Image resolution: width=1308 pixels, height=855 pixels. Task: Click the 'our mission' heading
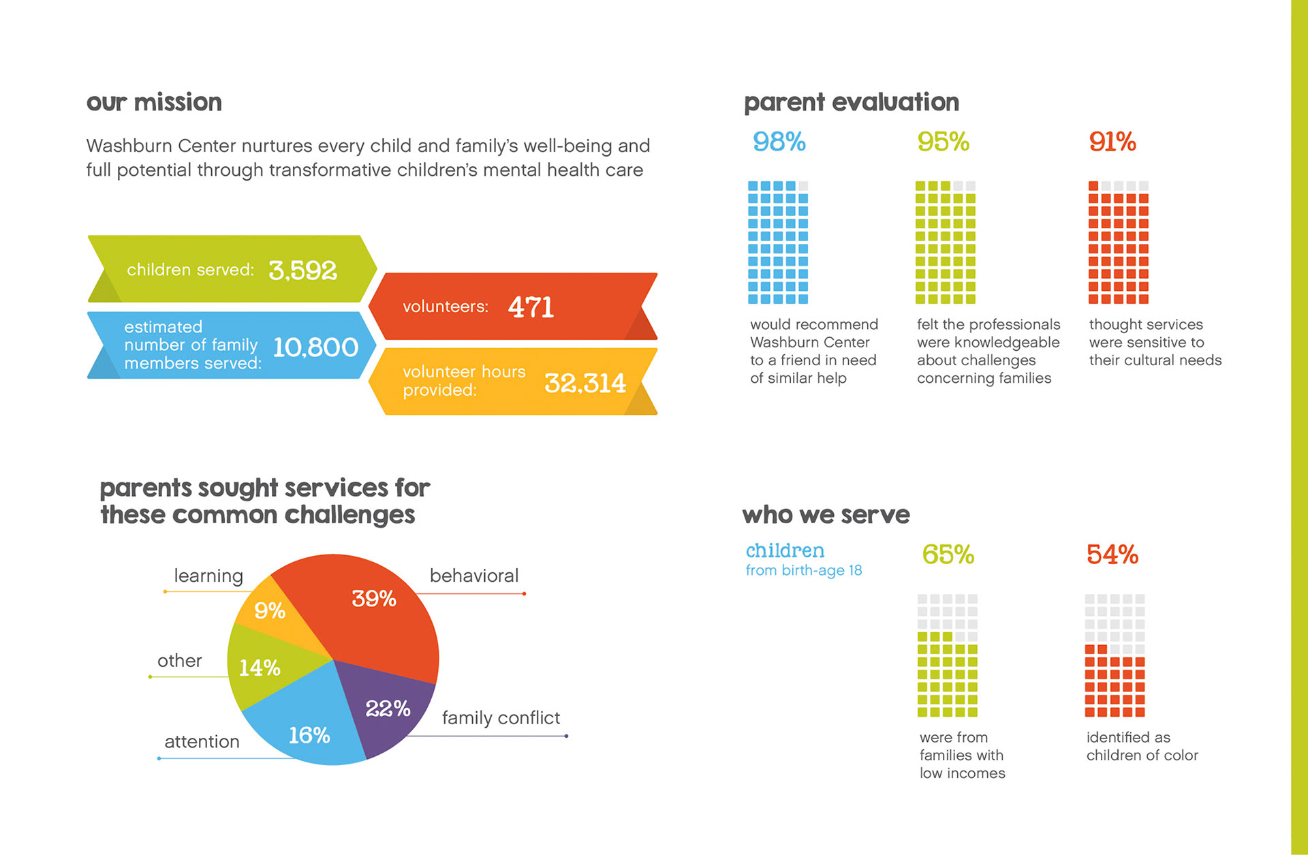[x=154, y=102]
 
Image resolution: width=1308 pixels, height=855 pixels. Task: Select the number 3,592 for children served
[x=302, y=270]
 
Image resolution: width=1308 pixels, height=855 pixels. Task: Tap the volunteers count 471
[x=531, y=307]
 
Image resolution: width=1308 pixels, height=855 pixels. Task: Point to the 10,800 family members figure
[x=315, y=347]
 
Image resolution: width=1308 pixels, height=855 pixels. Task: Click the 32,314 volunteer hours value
[x=585, y=383]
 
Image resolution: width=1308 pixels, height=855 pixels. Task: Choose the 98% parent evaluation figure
[x=779, y=142]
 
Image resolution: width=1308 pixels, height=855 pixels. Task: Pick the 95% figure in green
[x=943, y=142]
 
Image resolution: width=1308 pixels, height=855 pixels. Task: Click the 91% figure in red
[x=1112, y=142]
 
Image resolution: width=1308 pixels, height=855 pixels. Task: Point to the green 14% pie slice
[x=260, y=668]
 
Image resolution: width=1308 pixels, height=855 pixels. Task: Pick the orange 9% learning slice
[x=270, y=610]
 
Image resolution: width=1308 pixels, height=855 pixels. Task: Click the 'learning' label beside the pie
[x=208, y=576]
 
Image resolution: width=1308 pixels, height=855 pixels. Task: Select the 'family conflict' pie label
[x=501, y=717]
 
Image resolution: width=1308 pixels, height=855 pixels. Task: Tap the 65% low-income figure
[x=948, y=555]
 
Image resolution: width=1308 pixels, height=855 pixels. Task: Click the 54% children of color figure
[x=1112, y=555]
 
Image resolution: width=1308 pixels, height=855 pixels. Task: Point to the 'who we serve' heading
[x=826, y=514]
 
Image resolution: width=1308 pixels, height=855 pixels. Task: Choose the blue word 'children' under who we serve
[x=785, y=550]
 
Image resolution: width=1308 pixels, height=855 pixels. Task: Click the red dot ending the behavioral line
[x=524, y=594]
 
